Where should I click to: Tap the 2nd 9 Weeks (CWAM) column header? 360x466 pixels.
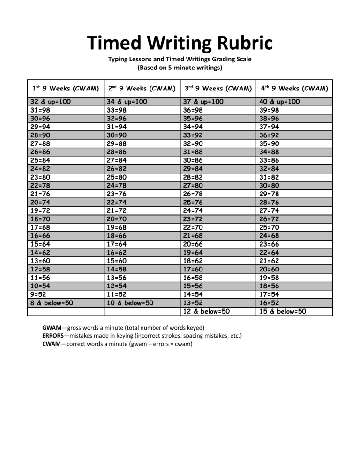(x=142, y=88)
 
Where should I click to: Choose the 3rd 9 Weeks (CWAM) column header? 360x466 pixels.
(x=217, y=88)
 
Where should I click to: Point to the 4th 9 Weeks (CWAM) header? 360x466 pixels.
(x=294, y=88)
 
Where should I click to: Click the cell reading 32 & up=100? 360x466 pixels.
(x=51, y=102)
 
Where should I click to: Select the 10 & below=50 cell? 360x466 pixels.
(x=130, y=303)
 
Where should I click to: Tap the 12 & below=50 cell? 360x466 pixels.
(x=207, y=311)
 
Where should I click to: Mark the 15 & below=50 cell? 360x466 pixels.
(x=282, y=311)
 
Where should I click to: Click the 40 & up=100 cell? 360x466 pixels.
(x=279, y=102)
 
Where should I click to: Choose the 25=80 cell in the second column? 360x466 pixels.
(x=120, y=177)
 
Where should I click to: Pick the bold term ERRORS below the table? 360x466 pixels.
(x=53, y=336)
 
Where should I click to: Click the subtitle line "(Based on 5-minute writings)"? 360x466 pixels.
(x=180, y=68)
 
